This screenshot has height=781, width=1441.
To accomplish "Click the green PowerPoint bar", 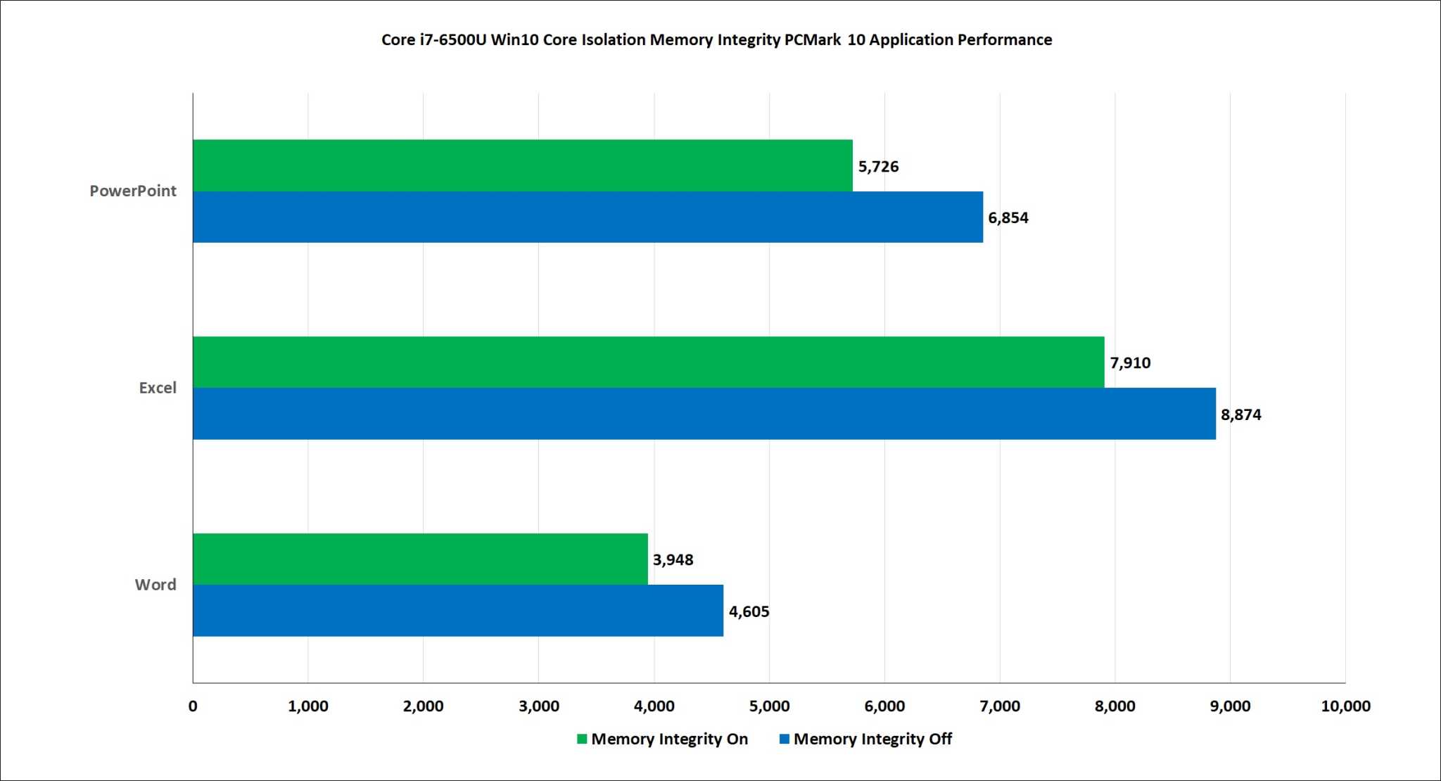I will pos(522,165).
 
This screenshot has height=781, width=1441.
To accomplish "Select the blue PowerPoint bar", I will pos(588,217).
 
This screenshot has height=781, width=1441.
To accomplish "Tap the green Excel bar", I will pos(648,362).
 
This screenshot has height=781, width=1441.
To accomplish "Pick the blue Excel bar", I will pos(704,414).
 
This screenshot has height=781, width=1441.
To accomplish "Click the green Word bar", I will pos(420,559).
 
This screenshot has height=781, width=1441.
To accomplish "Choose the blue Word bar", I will pos(457,611).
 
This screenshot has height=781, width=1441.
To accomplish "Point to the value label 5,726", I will pos(878,167).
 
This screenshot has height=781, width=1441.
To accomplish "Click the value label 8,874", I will pos(1240,415).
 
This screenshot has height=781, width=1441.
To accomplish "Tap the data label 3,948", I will pos(673,560).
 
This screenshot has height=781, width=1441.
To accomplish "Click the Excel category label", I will pos(158,388).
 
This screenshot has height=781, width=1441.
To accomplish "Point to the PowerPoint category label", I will pos(132,191).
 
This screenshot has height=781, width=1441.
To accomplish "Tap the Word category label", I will pos(155,585).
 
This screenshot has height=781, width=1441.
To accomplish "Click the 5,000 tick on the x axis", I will pos(769,706).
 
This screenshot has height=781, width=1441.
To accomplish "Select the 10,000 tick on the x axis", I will pos(1345,706).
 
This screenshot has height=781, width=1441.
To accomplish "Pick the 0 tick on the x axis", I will pos(193,706).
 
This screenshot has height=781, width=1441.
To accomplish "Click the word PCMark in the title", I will pos(813,40).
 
